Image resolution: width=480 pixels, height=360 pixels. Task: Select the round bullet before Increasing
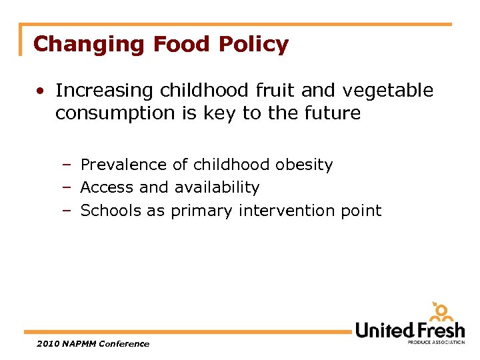[x=41, y=91]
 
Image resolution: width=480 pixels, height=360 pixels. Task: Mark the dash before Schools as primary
[x=67, y=211]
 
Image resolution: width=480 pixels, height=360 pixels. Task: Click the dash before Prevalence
[x=67, y=165]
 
